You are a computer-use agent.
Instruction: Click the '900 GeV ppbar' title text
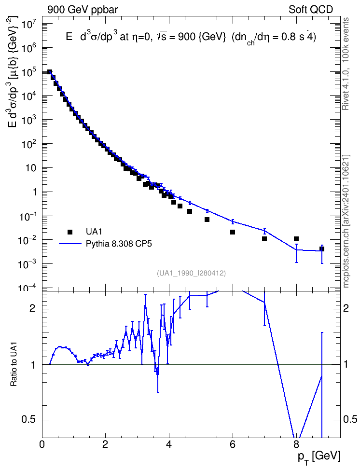83,10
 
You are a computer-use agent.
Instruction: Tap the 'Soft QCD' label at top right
311,9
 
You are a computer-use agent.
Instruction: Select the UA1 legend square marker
70,232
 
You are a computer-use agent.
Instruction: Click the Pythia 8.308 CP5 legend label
119,244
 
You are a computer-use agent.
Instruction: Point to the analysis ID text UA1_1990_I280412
191,273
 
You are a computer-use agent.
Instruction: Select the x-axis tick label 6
233,444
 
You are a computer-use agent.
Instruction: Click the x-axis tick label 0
42,444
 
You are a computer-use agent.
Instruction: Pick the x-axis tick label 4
169,444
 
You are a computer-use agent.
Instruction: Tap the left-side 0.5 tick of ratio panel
29,420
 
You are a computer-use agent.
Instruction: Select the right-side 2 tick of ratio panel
346,308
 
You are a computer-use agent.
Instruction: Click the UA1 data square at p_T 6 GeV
233,232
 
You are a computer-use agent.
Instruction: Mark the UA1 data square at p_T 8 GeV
296,239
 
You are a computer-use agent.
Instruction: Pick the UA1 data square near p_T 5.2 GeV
207,220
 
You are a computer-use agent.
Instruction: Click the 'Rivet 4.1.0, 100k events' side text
346,64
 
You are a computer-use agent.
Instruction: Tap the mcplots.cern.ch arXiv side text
346,221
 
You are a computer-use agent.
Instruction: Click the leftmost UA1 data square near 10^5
50,72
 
